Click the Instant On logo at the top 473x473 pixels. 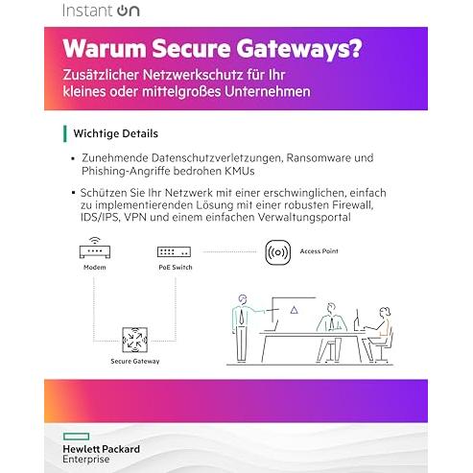pos(101,11)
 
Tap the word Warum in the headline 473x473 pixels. pos(105,48)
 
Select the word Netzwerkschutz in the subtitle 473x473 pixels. pos(193,75)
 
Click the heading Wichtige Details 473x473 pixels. pos(116,133)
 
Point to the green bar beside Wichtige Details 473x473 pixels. pos(65,133)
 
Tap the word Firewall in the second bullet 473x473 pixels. pos(352,205)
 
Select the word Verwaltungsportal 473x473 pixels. pos(304,218)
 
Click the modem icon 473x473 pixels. pos(95,248)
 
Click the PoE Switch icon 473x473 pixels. pos(174,252)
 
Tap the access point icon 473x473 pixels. pos(278,252)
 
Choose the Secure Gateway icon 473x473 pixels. pos(134,340)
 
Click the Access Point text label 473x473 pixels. pos(319,251)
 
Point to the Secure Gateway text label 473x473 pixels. pos(135,362)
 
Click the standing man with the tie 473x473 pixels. pos(243,328)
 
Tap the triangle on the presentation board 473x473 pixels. pos(294,310)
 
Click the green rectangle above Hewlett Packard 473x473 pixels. pos(76,437)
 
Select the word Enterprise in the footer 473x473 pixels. pos(86,460)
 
